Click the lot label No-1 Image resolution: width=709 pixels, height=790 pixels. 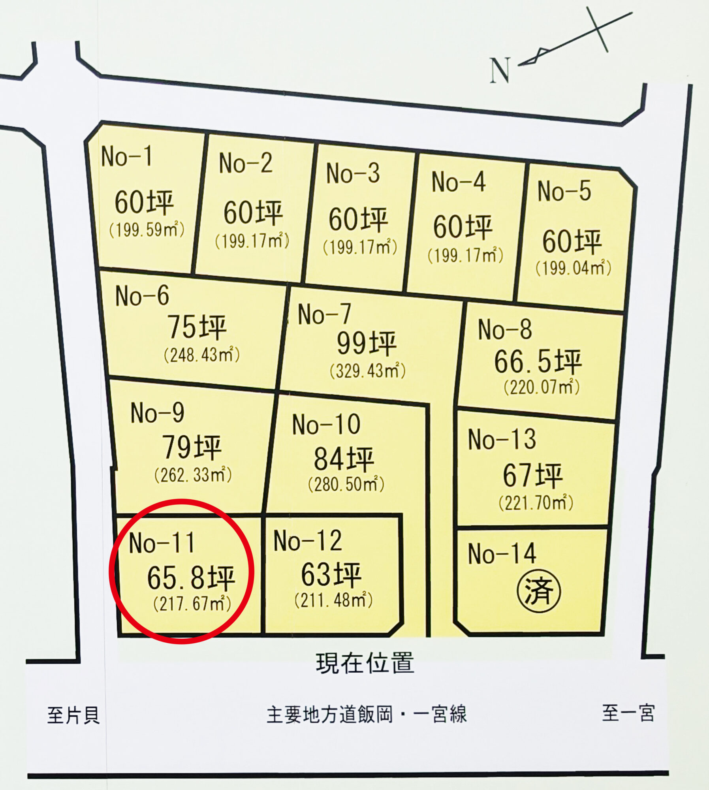(x=127, y=156)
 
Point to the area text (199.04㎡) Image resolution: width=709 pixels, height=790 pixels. (x=573, y=268)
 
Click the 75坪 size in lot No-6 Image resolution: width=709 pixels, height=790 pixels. (x=197, y=327)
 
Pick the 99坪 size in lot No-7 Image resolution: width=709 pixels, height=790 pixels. (x=366, y=343)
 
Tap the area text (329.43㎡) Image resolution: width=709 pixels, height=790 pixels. (x=368, y=371)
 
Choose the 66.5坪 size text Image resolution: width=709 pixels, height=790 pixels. (x=538, y=361)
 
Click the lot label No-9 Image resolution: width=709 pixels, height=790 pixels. (x=157, y=413)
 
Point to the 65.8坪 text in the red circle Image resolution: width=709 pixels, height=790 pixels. (x=191, y=577)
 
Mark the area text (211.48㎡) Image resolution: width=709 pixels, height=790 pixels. (x=334, y=600)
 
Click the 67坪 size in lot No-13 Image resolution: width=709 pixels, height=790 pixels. (x=532, y=476)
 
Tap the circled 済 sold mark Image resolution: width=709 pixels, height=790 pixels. (x=538, y=591)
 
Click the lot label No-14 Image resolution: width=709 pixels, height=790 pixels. (x=502, y=554)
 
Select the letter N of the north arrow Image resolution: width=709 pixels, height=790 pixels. (x=500, y=70)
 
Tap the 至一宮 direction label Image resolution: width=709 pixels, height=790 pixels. (x=628, y=713)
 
